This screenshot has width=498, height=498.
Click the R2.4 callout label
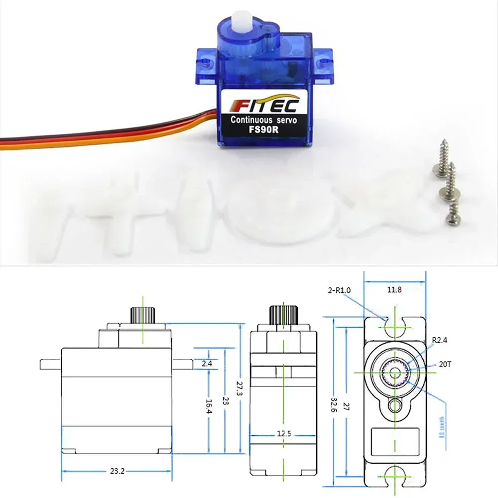440,341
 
